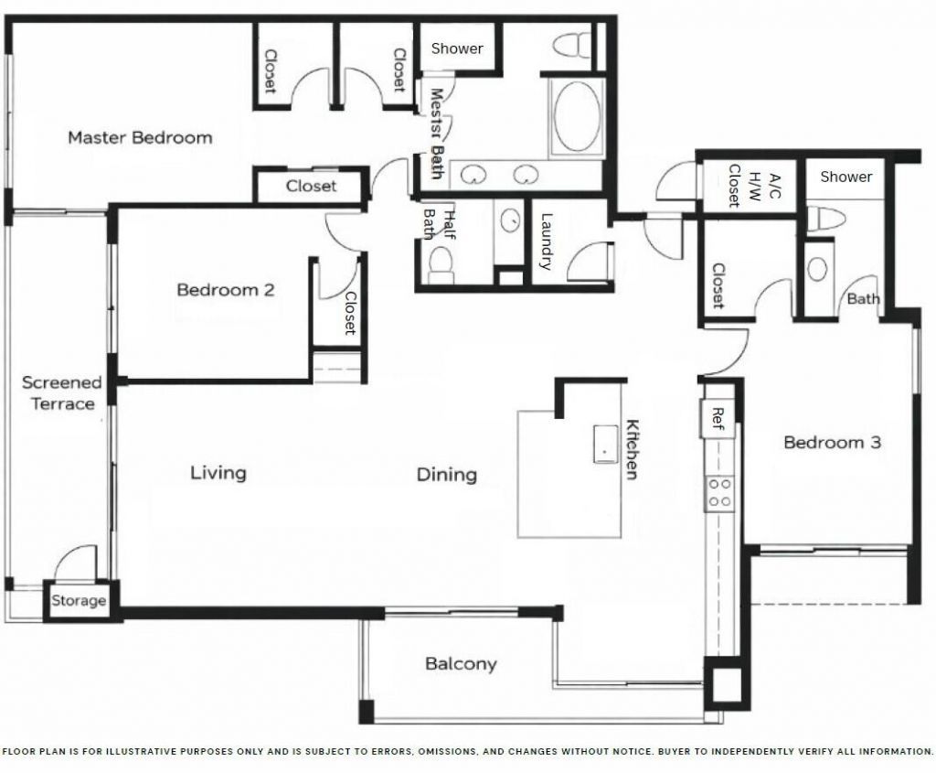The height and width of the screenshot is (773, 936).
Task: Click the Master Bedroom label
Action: pos(140,138)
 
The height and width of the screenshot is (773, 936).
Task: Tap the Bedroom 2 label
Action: pos(225,290)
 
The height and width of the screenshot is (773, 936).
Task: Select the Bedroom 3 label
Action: pos(832,443)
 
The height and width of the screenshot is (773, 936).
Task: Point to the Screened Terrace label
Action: pos(61,393)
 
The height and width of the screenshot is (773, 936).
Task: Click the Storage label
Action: pos(79,601)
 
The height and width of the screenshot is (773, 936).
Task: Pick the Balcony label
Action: pos(461,664)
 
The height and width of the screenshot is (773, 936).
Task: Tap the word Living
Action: pos(218,473)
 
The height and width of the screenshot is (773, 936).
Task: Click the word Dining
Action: pos(447,475)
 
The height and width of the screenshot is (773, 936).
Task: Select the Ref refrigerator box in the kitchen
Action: pos(718,418)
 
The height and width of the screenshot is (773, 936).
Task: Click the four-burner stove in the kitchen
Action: pos(719,494)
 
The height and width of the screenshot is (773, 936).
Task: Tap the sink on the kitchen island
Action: pos(605,444)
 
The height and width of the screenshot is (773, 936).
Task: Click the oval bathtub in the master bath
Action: pos(577,117)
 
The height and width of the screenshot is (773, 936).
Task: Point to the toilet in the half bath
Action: pos(441,264)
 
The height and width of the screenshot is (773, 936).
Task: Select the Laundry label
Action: pos(547,242)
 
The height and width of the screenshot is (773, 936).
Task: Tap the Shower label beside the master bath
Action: pos(457,48)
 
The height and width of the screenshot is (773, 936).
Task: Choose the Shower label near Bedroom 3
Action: pos(846,177)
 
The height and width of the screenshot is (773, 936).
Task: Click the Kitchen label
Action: pos(631,449)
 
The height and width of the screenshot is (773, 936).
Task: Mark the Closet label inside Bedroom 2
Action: pos(349,313)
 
